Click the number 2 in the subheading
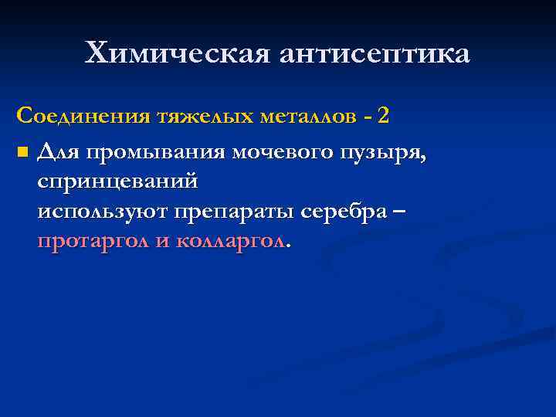click(383, 117)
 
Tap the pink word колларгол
click(231, 241)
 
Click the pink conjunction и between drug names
click(162, 241)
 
